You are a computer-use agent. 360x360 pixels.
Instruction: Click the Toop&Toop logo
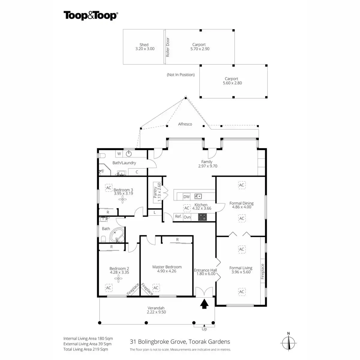[90, 15]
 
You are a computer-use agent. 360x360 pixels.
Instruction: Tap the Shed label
[144, 45]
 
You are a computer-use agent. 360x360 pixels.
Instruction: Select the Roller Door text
[168, 47]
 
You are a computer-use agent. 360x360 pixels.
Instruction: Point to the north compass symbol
[289, 342]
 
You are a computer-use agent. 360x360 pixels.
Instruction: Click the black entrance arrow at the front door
[204, 304]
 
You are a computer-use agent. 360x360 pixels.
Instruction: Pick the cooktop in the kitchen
[202, 217]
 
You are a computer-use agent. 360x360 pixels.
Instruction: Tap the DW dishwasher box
[187, 197]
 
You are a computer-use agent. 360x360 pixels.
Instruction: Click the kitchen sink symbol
[198, 196]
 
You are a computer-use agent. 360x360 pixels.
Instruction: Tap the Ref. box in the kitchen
[178, 217]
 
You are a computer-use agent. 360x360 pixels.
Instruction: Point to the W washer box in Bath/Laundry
[119, 154]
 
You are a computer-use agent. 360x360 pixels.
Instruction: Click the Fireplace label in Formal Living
[262, 271]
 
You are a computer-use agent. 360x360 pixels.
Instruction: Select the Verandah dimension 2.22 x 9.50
[156, 312]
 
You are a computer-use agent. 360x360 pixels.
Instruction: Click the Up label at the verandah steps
[204, 329]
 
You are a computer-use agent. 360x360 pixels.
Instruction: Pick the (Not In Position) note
[181, 75]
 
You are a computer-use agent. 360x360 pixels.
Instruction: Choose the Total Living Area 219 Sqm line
[86, 349]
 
